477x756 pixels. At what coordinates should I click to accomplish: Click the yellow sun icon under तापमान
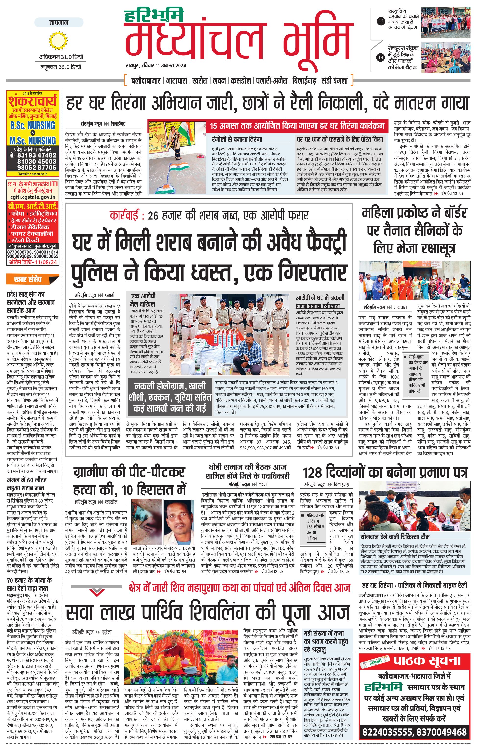click(x=59, y=41)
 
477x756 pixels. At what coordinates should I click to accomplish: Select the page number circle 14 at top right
click(x=381, y=57)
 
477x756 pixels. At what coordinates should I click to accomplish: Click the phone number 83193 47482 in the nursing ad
click(x=37, y=155)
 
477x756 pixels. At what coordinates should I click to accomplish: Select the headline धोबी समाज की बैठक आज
click(x=248, y=467)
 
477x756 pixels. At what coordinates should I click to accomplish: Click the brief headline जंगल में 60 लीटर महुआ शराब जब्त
click(x=26, y=484)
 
